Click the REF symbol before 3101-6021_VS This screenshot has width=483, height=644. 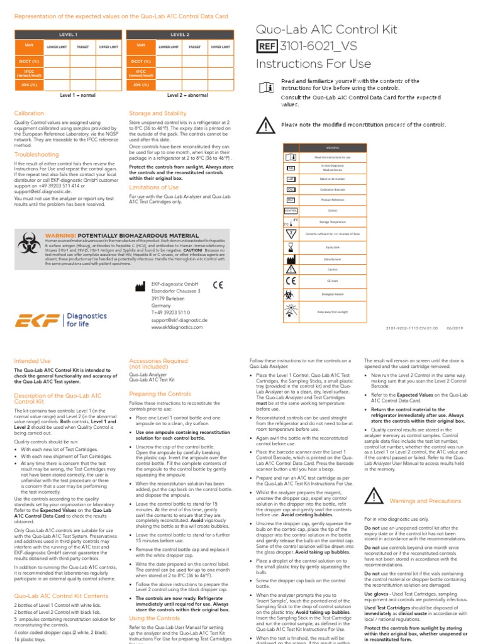click(x=267, y=45)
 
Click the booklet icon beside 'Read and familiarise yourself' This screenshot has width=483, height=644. click(x=266, y=89)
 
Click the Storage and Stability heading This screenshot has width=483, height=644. click(x=158, y=113)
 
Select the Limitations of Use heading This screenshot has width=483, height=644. click(x=153, y=187)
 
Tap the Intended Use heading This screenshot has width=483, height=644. click(x=32, y=361)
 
